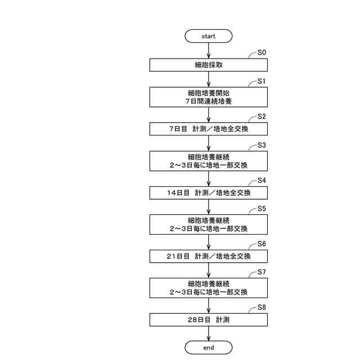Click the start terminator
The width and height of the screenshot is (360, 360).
(x=208, y=36)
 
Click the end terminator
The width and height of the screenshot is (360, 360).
(x=208, y=348)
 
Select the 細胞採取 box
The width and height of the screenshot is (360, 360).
(x=208, y=65)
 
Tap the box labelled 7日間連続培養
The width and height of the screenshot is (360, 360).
(x=208, y=97)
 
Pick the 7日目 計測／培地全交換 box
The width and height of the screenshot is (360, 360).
(x=208, y=129)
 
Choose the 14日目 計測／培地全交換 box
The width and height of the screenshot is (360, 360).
(x=208, y=192)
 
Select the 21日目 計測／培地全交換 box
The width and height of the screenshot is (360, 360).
(x=208, y=256)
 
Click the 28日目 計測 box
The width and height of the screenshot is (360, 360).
(x=208, y=319)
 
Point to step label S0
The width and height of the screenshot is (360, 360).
(x=262, y=52)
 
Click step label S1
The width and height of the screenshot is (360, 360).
(x=262, y=81)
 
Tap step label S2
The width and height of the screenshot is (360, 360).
(x=262, y=116)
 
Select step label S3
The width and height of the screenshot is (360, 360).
(x=262, y=145)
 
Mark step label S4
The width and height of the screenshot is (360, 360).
(x=262, y=180)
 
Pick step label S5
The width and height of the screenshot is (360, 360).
(x=262, y=209)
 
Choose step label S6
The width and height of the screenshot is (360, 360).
(x=262, y=244)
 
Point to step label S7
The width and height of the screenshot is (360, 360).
(x=262, y=272)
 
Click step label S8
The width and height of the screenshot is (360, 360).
(x=262, y=307)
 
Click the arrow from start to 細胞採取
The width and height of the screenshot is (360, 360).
(x=208, y=51)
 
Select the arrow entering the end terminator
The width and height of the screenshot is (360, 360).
(x=208, y=334)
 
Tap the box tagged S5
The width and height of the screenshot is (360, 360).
(x=208, y=224)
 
